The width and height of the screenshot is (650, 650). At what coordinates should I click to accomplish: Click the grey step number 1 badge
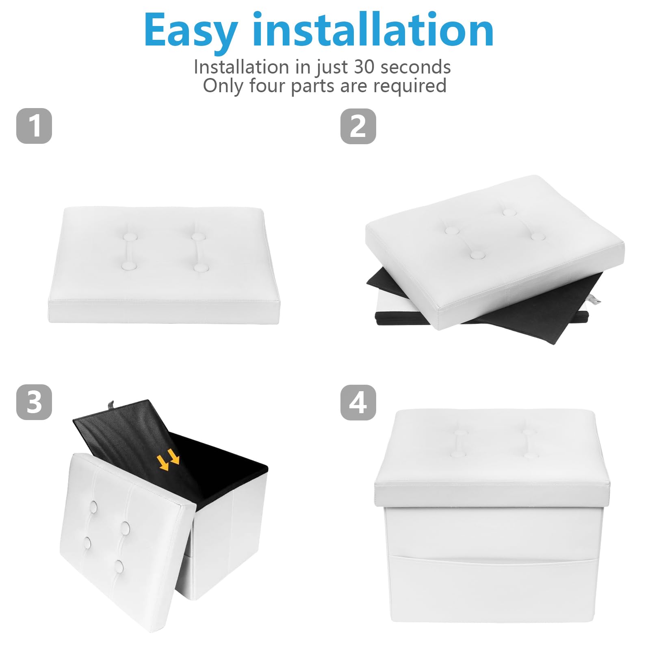(x=34, y=126)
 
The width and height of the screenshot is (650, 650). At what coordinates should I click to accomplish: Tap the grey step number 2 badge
(x=358, y=126)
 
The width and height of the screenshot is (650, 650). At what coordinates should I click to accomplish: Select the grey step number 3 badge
(x=34, y=402)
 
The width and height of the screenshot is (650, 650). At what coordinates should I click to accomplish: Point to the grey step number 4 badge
(x=358, y=402)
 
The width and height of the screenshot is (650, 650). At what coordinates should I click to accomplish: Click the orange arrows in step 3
(x=168, y=459)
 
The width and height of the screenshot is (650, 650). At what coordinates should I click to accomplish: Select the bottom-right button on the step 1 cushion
(x=201, y=268)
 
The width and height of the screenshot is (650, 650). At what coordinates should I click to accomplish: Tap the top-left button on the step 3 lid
(x=93, y=507)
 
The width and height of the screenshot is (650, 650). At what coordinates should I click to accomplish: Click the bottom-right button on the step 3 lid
(x=119, y=566)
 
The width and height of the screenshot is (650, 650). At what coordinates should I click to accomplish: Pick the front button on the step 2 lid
(x=477, y=255)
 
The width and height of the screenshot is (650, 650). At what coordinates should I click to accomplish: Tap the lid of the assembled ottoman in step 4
(x=492, y=458)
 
